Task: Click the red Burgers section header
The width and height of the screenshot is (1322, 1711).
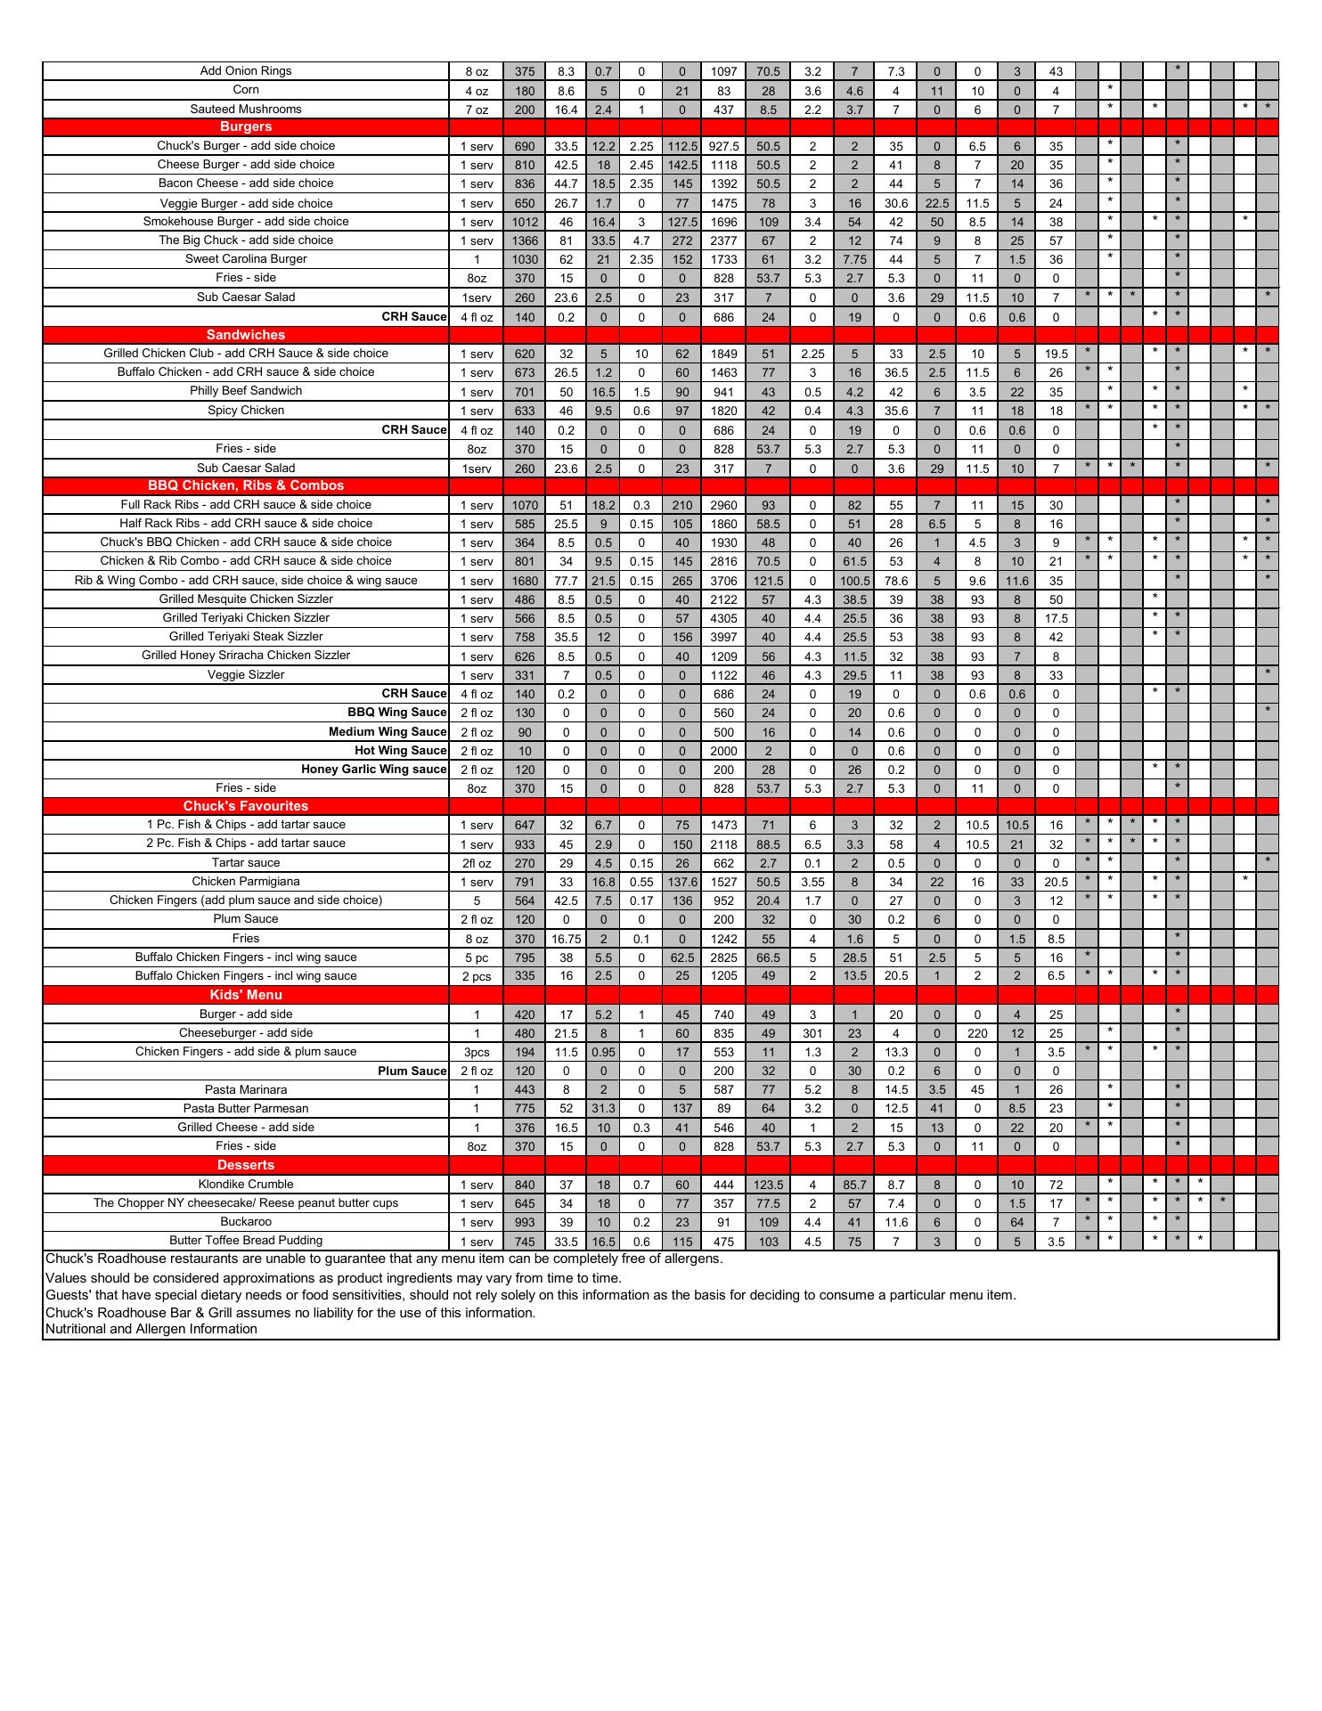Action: [x=246, y=126]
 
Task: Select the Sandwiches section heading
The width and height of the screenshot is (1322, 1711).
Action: [x=246, y=335]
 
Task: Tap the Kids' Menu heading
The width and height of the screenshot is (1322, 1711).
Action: [x=246, y=995]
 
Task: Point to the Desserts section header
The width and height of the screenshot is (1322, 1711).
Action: [x=246, y=1165]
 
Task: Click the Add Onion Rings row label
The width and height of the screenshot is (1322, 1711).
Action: [x=246, y=71]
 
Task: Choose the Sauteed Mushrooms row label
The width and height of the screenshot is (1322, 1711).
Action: [x=246, y=110]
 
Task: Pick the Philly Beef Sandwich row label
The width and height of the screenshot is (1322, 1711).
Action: [x=246, y=391]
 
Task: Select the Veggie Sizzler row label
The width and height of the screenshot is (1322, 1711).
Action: [x=246, y=675]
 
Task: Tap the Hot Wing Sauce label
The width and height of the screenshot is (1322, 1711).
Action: [x=400, y=751]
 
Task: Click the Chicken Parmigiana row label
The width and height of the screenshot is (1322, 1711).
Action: [x=246, y=882]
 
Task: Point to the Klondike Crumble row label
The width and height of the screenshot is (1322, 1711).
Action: [x=246, y=1185]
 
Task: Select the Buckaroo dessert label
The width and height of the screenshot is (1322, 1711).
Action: [x=246, y=1222]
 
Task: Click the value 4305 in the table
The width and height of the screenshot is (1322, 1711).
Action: [x=723, y=618]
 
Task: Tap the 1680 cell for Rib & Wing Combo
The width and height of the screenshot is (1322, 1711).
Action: [x=525, y=581]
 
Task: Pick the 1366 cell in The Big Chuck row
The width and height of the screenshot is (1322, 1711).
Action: [x=525, y=240]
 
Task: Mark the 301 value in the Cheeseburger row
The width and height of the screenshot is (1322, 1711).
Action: [x=812, y=1033]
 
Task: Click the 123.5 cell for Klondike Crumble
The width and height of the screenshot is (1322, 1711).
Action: [x=768, y=1185]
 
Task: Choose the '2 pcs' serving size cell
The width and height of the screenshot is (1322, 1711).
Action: [x=477, y=976]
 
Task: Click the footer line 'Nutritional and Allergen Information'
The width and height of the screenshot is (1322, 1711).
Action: [x=151, y=1329]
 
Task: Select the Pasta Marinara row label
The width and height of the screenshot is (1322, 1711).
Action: [x=246, y=1090]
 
